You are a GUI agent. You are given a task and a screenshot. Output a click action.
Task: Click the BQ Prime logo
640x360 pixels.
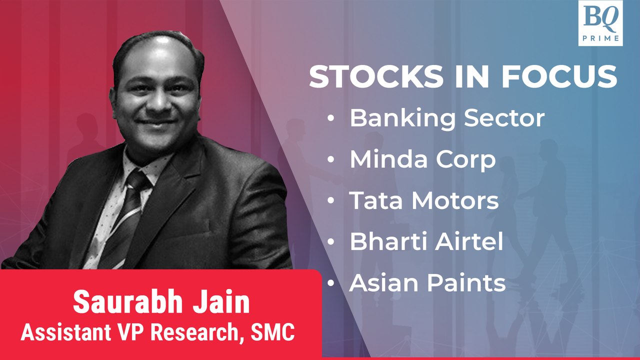point(600,23)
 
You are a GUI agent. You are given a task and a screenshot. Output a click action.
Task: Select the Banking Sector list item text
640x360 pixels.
point(446,118)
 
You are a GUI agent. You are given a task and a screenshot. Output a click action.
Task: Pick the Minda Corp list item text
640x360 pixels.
point(422,159)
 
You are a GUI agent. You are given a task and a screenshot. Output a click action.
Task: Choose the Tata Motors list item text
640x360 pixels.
point(424,200)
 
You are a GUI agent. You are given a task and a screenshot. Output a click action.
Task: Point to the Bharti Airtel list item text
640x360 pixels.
point(426,242)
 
